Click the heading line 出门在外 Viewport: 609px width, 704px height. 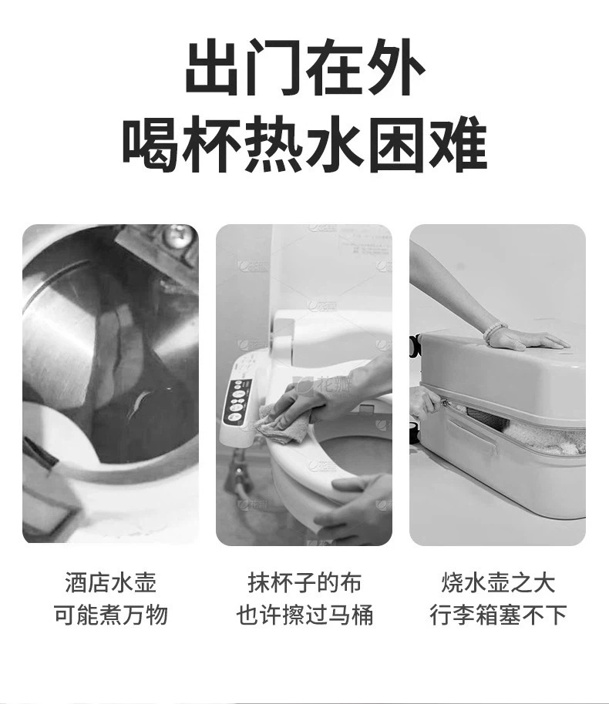304,67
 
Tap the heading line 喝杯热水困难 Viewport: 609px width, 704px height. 304,144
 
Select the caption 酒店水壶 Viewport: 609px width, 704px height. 110,583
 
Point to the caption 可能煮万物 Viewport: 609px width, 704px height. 110,615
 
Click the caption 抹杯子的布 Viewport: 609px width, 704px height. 304,583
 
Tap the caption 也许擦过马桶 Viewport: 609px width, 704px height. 304,615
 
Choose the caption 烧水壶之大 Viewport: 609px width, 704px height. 498,583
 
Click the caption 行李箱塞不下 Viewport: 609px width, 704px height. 498,615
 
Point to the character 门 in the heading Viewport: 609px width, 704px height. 274,67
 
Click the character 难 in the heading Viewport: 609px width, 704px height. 459,144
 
